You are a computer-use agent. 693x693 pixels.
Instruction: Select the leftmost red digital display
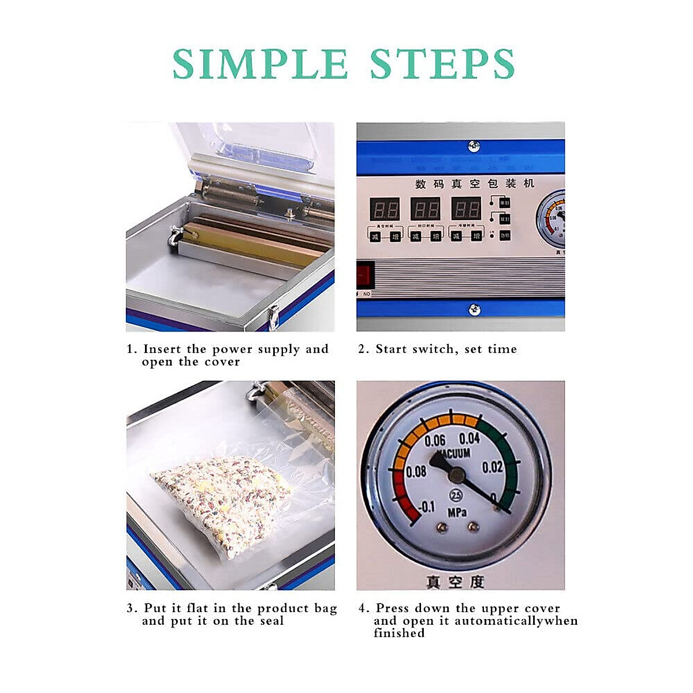point(385,208)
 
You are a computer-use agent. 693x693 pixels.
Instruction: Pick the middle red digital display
point(425,208)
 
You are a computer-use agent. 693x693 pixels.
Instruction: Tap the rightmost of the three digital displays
point(465,208)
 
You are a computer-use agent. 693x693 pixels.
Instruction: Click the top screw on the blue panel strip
point(474,146)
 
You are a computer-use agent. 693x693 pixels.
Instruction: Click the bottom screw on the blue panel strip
point(474,310)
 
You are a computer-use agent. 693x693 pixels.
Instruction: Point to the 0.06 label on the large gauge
point(435,441)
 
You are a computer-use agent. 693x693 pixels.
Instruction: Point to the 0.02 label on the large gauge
point(492,467)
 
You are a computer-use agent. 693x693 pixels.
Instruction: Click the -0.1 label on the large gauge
point(426,507)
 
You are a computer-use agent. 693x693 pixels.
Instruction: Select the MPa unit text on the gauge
point(456,512)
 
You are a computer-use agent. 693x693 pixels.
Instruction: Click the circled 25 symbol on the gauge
point(456,495)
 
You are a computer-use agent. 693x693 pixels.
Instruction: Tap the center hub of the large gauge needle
point(457,475)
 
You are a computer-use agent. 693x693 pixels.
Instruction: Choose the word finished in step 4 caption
point(399,633)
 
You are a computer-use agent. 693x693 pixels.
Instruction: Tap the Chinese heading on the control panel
point(475,184)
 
